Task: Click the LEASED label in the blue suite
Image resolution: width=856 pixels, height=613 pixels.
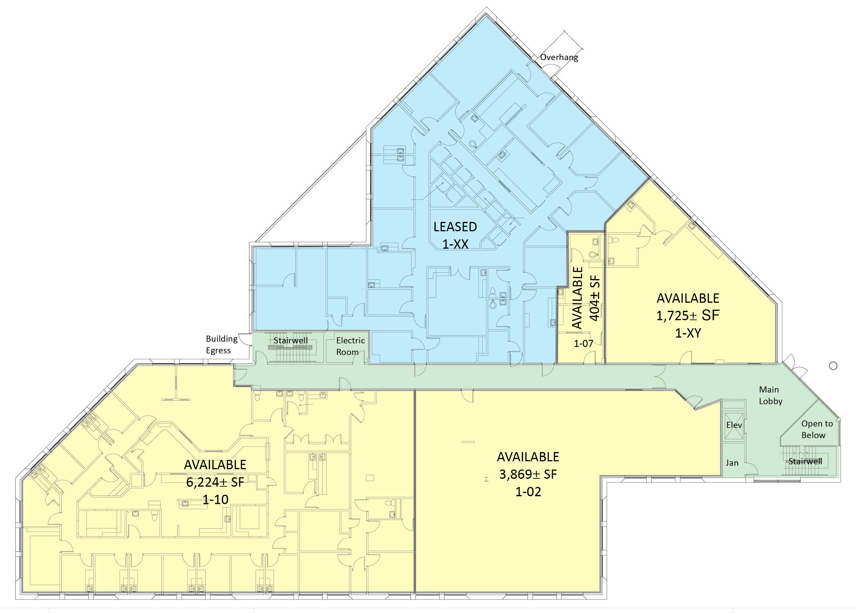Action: point(455,227)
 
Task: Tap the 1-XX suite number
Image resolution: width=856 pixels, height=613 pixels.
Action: point(455,244)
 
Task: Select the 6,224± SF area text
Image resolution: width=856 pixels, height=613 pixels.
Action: point(215,482)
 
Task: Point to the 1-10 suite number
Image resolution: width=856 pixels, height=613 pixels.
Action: point(215,499)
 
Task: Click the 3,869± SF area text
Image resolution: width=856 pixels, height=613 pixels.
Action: point(528,474)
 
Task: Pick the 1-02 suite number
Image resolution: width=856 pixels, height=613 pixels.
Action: point(528,491)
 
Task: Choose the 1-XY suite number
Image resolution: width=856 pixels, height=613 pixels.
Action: point(688,333)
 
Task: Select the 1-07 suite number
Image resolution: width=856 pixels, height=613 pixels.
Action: point(584,343)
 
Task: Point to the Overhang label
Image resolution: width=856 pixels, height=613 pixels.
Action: point(559,57)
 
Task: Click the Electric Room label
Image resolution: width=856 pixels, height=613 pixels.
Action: point(350,346)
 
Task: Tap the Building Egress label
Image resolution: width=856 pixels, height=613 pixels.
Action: point(222,345)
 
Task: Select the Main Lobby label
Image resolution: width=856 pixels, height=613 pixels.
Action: point(770,395)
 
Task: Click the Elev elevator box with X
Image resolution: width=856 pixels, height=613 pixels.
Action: point(734,426)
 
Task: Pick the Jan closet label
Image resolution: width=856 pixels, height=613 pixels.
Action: point(732,463)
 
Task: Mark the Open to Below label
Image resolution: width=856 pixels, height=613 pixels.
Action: point(817,429)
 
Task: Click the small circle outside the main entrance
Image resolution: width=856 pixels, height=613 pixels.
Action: point(833,366)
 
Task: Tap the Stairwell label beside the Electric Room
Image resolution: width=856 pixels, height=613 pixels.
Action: point(290,341)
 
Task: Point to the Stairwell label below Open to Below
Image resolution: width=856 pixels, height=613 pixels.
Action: point(805,461)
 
